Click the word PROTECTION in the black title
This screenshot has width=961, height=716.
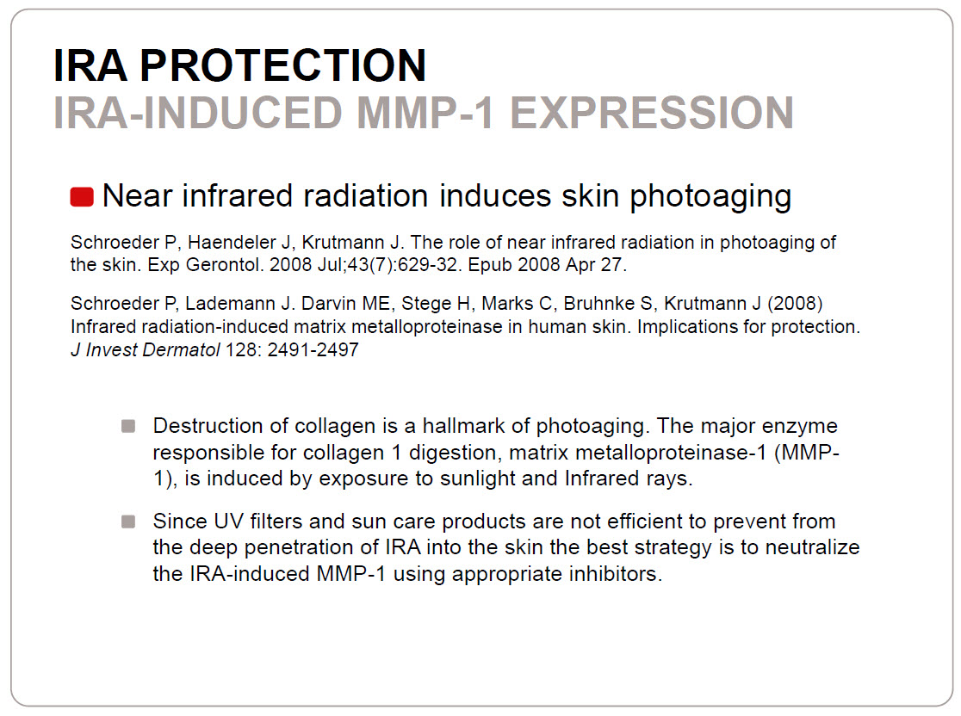pos(282,65)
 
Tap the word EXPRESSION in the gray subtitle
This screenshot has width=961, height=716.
pos(652,113)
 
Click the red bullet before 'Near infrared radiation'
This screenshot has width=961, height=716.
pos(82,196)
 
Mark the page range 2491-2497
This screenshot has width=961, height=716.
pos(313,349)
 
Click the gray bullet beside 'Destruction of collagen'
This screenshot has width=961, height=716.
pos(128,426)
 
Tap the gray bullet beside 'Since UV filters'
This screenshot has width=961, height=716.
pos(128,522)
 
